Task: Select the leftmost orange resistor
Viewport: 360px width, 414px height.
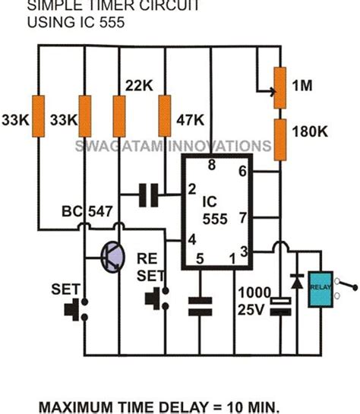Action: pyautogui.click(x=39, y=116)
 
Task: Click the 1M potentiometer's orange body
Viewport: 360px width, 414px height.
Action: pyautogui.click(x=279, y=86)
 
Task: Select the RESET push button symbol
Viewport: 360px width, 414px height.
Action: pyautogui.click(x=161, y=296)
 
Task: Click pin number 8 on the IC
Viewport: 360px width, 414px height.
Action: pyautogui.click(x=212, y=164)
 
